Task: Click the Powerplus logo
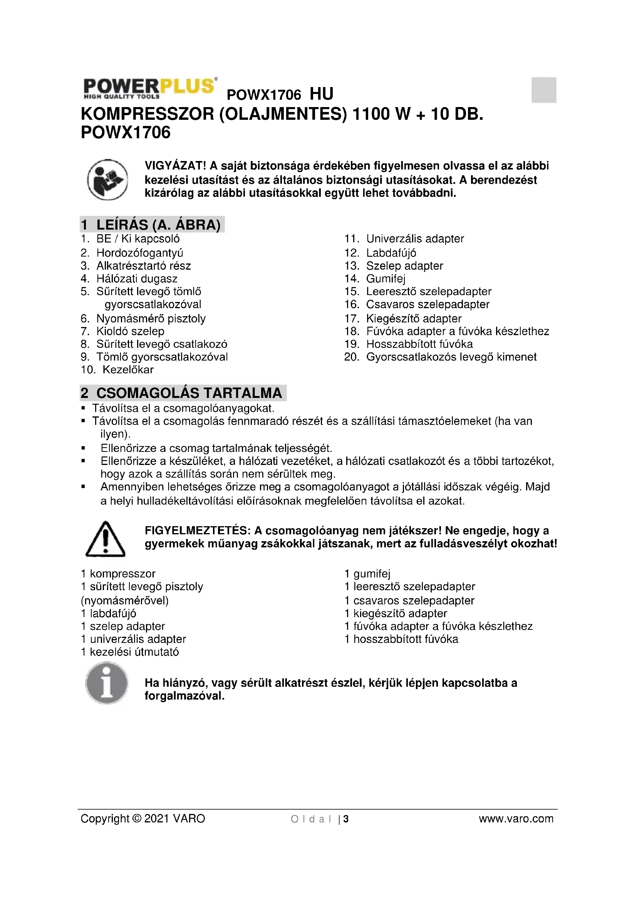tap(149, 88)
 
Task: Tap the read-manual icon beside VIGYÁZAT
tap(107, 180)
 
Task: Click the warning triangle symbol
tap(105, 539)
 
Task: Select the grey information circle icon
tap(107, 683)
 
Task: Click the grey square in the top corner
tap(544, 90)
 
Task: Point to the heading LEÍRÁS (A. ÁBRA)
tap(152, 225)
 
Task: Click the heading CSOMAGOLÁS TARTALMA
tap(183, 393)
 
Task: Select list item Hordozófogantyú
tap(140, 253)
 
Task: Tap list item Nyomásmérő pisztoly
tap(151, 318)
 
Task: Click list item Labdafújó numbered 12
tap(391, 253)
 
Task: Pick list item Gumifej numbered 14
tap(386, 279)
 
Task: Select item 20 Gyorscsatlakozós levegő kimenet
tap(451, 357)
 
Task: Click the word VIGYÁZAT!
tap(175, 166)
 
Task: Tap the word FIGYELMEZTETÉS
tap(197, 530)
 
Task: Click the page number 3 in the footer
tap(346, 819)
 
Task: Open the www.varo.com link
tap(516, 819)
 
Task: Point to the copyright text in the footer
tap(143, 819)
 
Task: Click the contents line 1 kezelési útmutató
tap(130, 652)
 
